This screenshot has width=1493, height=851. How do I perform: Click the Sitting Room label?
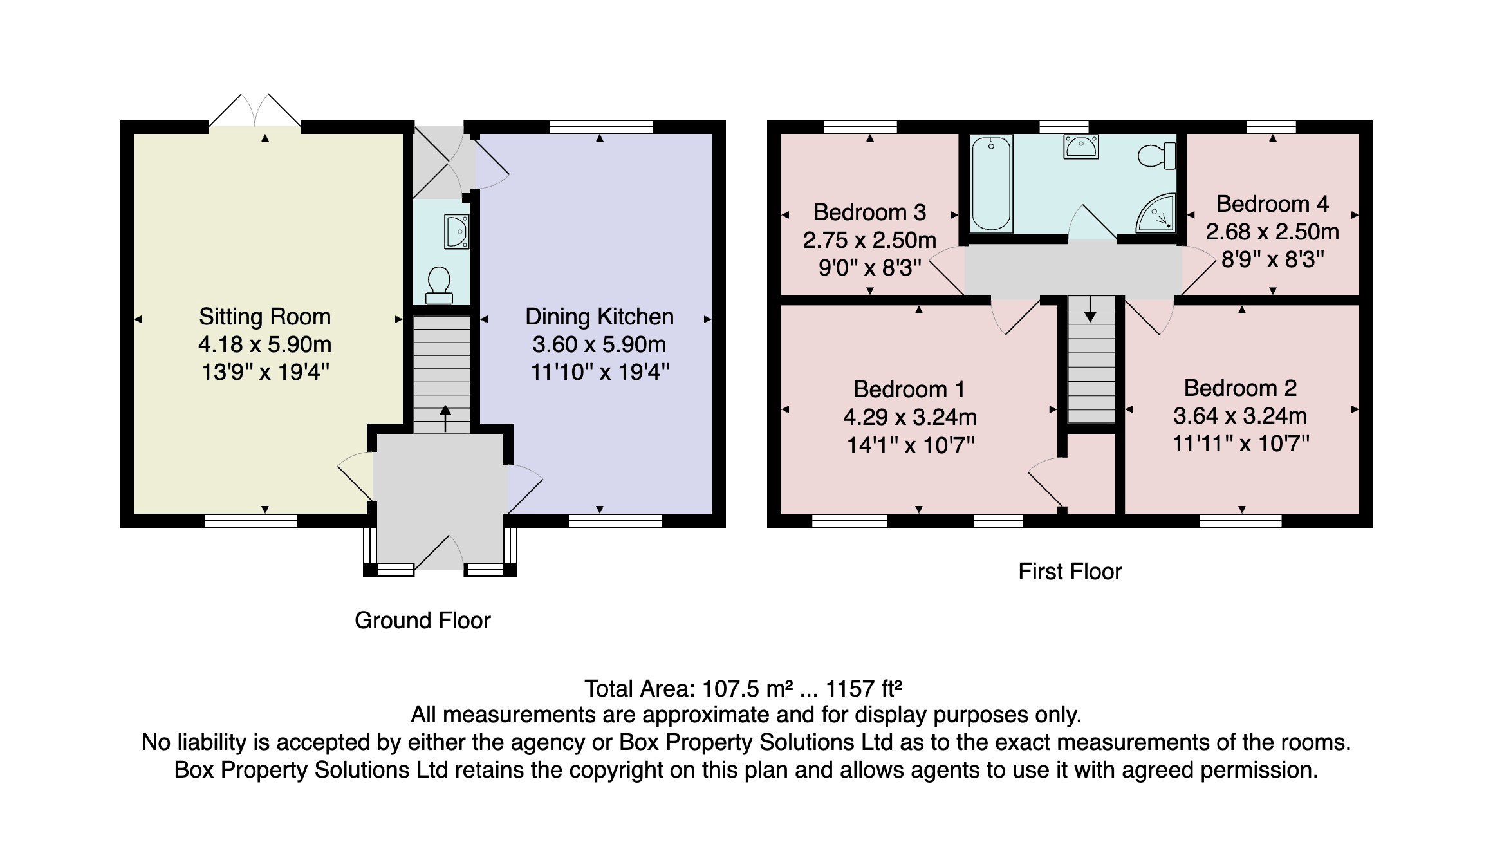coord(264,317)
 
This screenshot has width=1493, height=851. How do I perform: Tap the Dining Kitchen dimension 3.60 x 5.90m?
coord(599,344)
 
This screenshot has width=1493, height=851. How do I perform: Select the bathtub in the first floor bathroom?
coord(991,183)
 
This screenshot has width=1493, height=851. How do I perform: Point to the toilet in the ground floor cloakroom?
coord(440,286)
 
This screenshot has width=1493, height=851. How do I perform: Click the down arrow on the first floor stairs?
coord(1090,310)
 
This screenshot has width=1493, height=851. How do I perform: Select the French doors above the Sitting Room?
coord(255,113)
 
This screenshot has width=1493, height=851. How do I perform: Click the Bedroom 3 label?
coord(869,212)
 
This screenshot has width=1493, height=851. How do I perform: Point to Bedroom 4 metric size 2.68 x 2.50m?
coord(1272,232)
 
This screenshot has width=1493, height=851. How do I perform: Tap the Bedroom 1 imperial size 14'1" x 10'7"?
coord(910,445)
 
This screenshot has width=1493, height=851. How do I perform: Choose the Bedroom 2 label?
coord(1239,388)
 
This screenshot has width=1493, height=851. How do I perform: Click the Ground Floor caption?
coord(422,621)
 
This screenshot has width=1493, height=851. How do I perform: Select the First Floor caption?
coord(1070,572)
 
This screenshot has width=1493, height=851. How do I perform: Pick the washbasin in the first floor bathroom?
coord(1080,147)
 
